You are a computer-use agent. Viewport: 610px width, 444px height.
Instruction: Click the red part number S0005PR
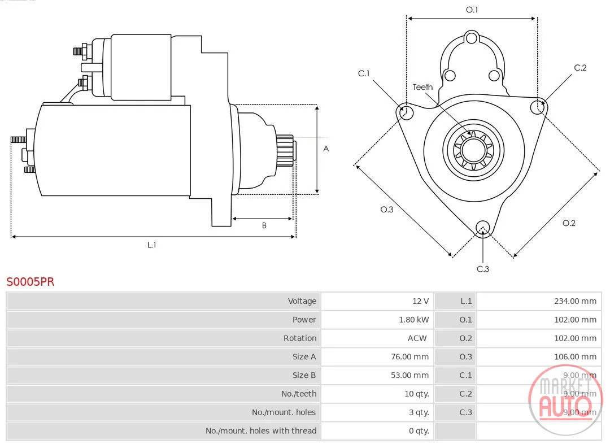click(x=30, y=282)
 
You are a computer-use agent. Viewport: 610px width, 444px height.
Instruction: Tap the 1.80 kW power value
click(x=413, y=320)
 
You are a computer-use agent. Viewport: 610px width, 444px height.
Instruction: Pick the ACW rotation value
click(x=417, y=338)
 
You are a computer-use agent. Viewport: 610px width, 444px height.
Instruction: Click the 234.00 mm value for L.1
click(x=575, y=301)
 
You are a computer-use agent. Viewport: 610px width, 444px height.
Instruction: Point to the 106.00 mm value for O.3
click(x=575, y=357)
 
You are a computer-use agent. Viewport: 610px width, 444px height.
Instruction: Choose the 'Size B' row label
click(x=304, y=376)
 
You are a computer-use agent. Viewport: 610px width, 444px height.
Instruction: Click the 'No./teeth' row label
click(x=299, y=394)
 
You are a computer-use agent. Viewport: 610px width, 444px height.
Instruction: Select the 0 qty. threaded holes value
click(x=419, y=431)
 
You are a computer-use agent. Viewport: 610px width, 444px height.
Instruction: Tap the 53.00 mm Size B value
click(x=409, y=376)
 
